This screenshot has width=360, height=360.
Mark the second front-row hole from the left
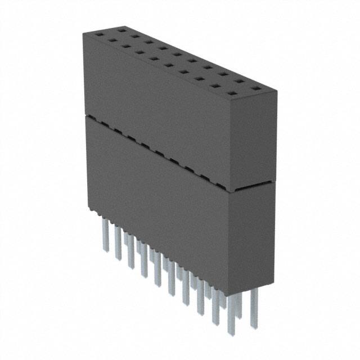click(x=113, y=40)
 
